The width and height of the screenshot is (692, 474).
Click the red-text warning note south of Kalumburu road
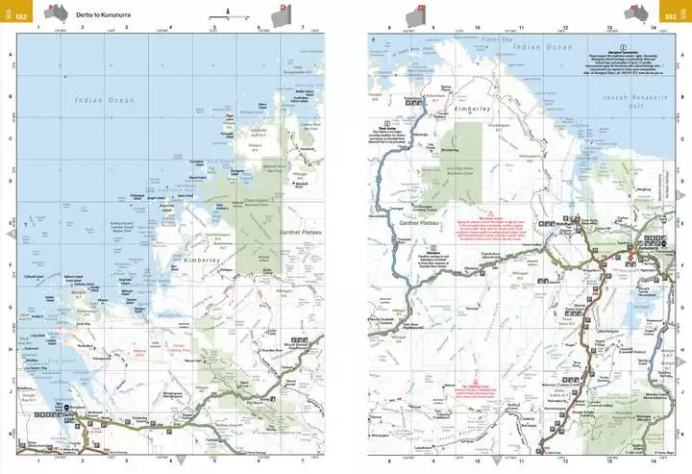point(490,226)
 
